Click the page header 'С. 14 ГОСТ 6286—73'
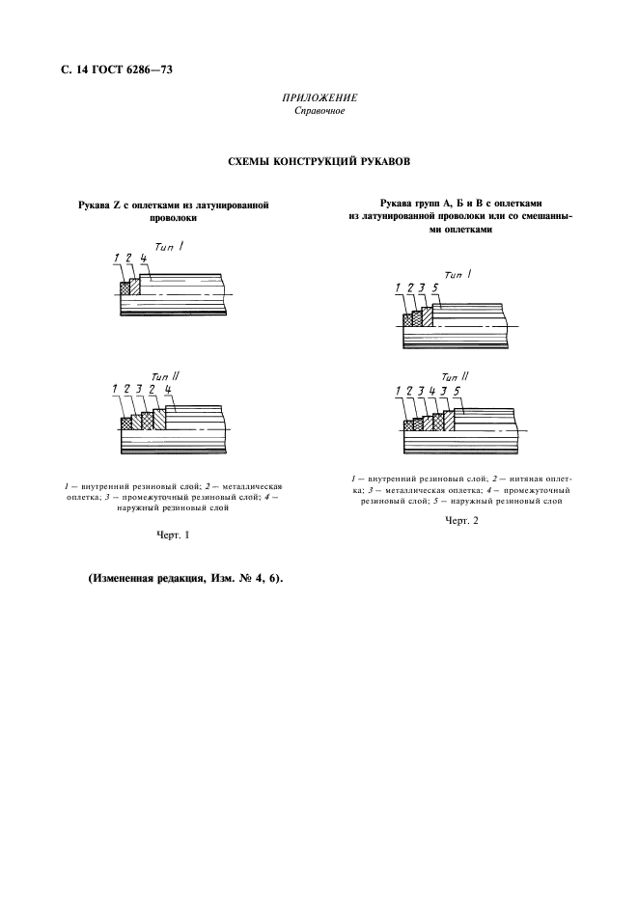pos(117,70)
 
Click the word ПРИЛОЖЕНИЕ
pos(319,98)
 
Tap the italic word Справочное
pos(319,111)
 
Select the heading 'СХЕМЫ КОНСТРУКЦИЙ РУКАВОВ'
pos(319,161)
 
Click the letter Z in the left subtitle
pos(116,205)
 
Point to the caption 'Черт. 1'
pos(173,535)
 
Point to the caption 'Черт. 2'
pos(461,521)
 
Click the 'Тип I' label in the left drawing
pos(169,246)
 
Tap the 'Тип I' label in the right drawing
pos(458,275)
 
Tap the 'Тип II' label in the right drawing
pos(455,376)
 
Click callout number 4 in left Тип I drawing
pos(143,258)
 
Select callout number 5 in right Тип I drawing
pos(435,287)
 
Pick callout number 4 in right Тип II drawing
pos(432,392)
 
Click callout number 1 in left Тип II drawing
pos(115,390)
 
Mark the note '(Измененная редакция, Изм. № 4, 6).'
pos(185,579)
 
